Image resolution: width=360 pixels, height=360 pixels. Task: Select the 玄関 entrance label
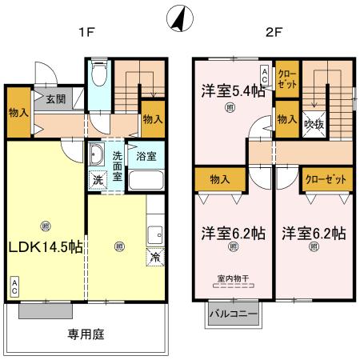(55, 100)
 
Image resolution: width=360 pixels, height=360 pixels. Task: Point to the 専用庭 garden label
(86, 334)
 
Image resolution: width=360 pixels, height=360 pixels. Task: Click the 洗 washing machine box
(97, 180)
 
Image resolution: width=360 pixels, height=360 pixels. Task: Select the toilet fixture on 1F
(99, 76)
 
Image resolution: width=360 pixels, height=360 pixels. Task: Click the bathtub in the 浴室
(146, 178)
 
